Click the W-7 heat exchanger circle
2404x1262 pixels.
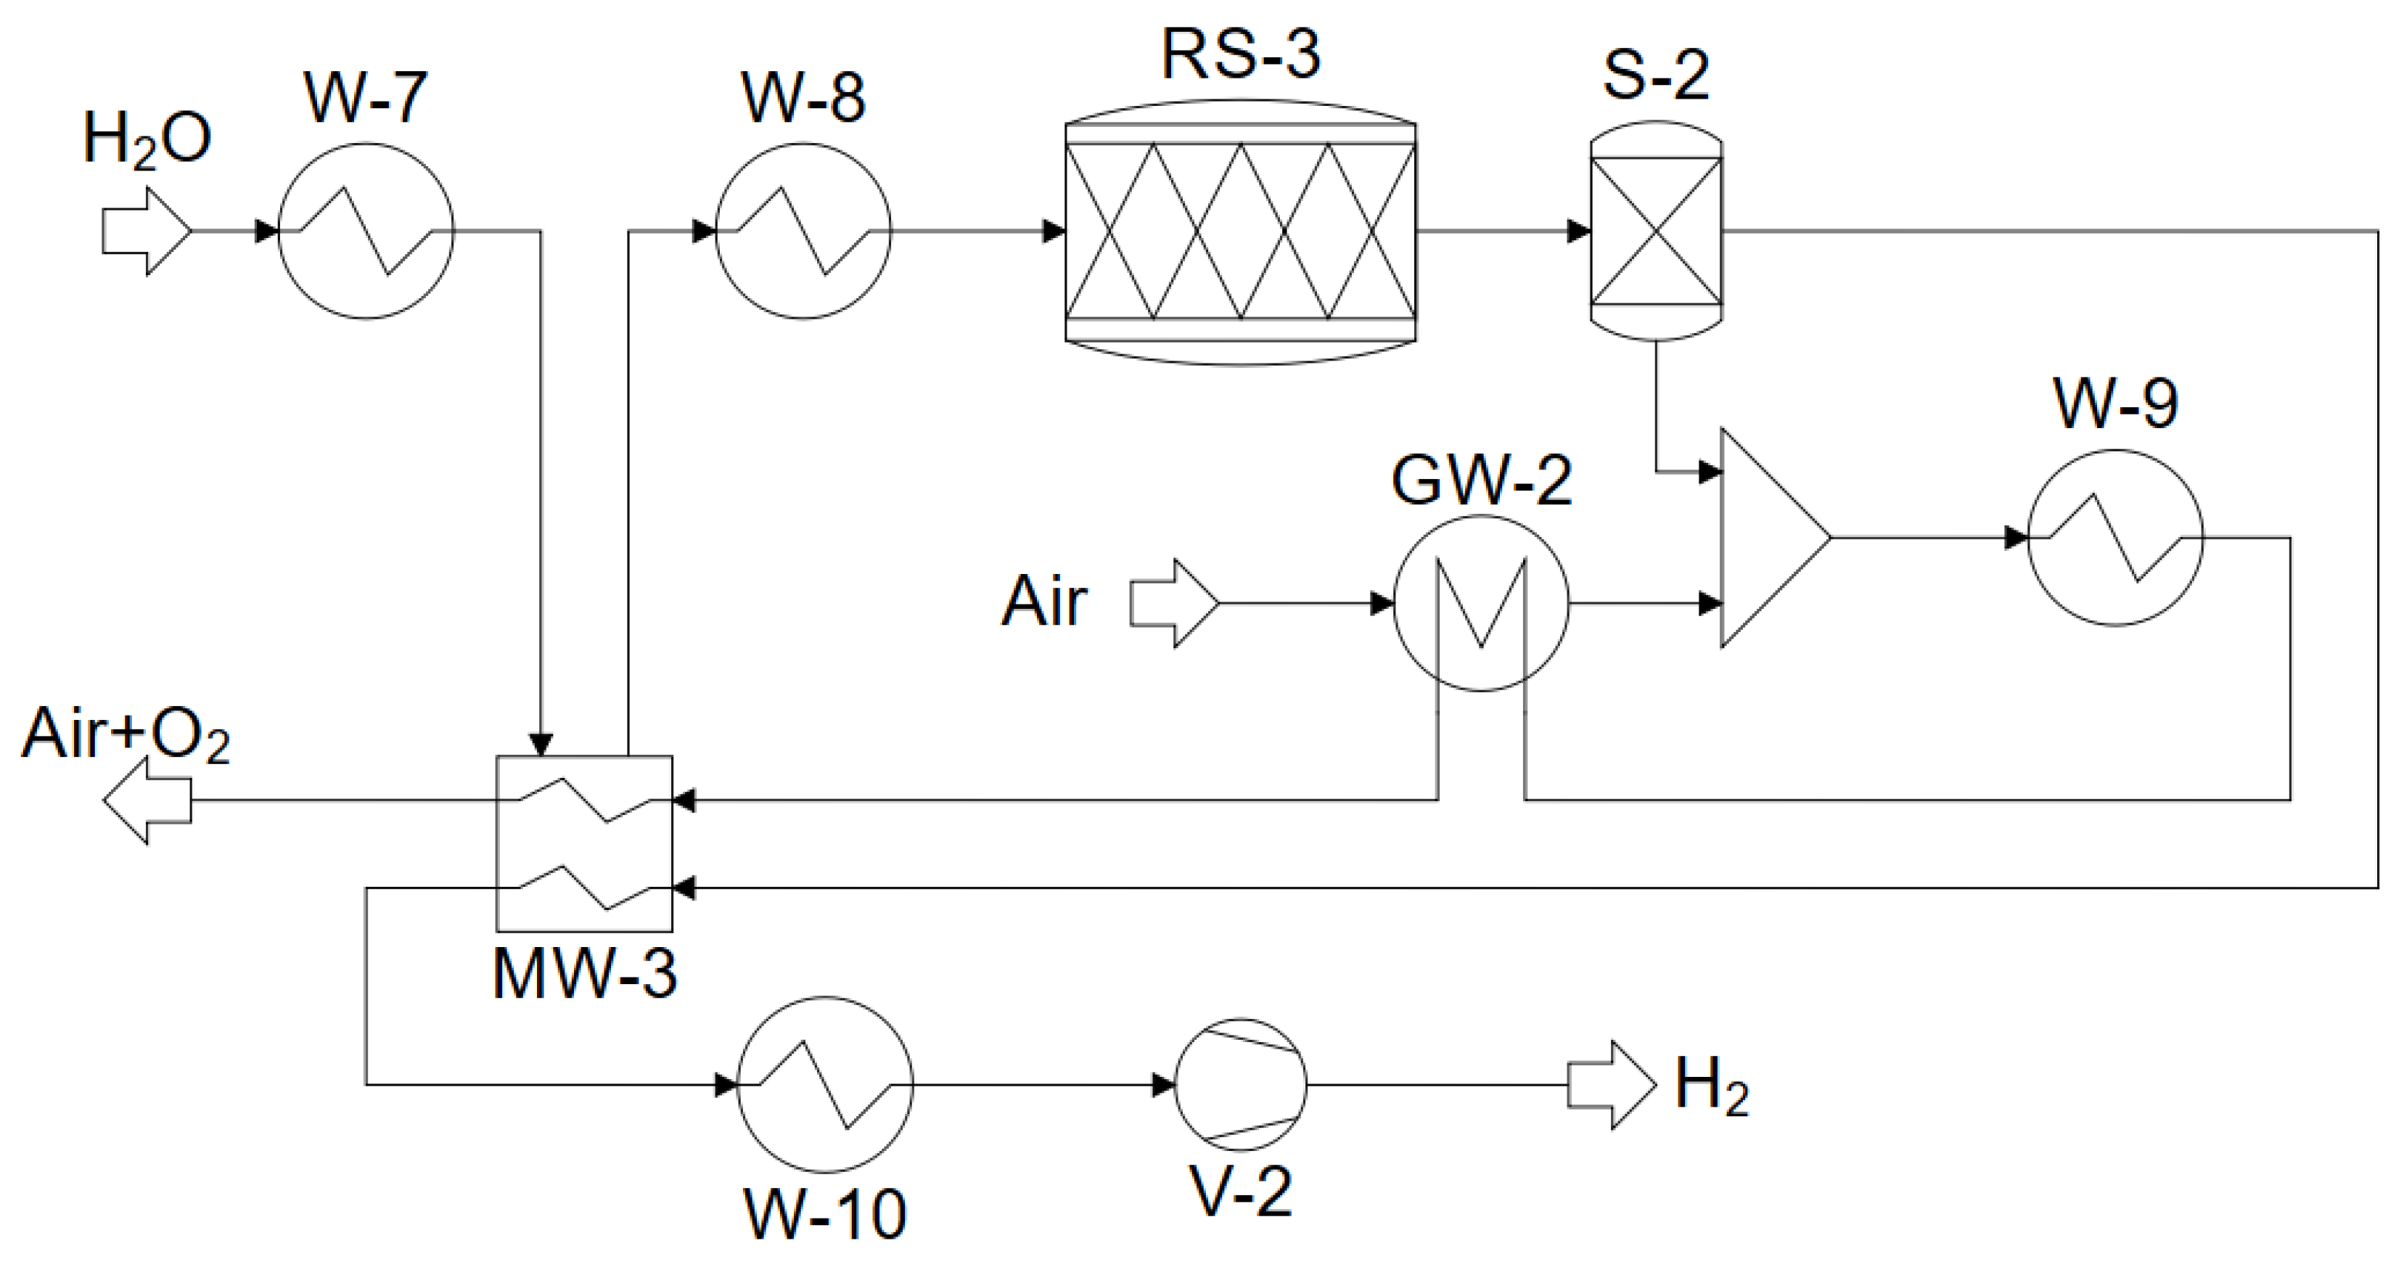tap(366, 231)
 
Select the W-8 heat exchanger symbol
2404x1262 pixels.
tap(803, 231)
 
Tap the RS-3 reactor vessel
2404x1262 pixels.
tap(1240, 231)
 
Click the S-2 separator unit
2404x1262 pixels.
tap(1656, 231)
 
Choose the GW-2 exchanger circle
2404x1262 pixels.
tap(1481, 604)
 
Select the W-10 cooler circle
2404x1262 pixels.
tap(825, 1083)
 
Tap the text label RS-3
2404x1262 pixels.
tap(1240, 54)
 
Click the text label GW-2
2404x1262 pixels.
tap(1481, 480)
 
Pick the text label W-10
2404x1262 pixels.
tap(825, 1214)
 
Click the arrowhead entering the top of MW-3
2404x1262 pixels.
tap(541, 744)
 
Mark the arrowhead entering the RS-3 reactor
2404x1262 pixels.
tap(1054, 231)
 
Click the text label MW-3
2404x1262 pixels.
tap(584, 975)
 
